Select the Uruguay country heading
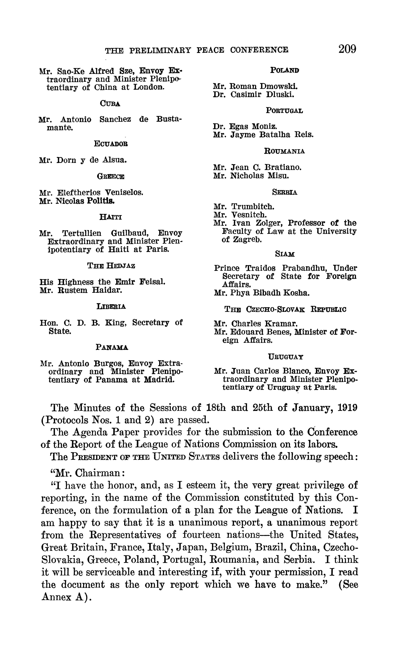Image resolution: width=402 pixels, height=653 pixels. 286,357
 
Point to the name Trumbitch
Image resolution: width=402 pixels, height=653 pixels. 253,206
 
